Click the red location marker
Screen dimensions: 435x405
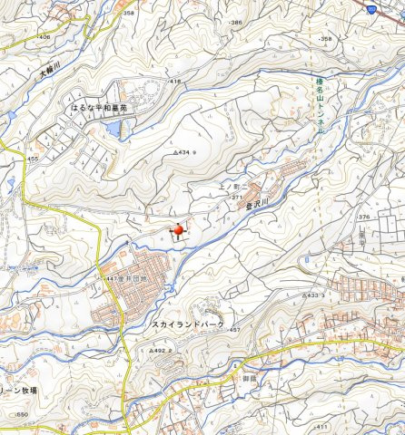[x=178, y=231]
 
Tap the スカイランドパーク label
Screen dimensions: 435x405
[x=187, y=324]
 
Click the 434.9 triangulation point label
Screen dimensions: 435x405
[x=183, y=152]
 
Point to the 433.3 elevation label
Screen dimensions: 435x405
[x=314, y=295]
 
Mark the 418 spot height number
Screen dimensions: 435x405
[x=175, y=82]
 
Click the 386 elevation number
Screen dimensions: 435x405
[x=237, y=22]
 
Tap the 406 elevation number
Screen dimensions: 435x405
[x=44, y=37]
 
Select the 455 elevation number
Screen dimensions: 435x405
[x=33, y=159]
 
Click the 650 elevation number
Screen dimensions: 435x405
[x=22, y=415]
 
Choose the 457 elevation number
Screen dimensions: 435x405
[x=235, y=330]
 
